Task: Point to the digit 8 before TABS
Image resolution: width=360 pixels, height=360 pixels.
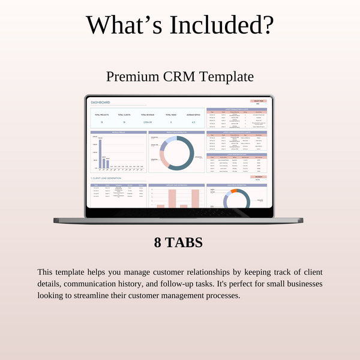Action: tap(158, 243)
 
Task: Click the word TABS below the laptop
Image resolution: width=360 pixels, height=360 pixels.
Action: tap(185, 243)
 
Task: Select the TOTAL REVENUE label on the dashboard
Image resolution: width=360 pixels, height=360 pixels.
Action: tap(147, 114)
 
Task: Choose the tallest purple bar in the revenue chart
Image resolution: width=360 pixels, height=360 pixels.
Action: tap(100, 154)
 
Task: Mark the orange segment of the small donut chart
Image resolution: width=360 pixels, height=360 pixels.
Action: tap(235, 191)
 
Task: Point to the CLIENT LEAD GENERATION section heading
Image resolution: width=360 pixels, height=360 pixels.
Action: tap(107, 179)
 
